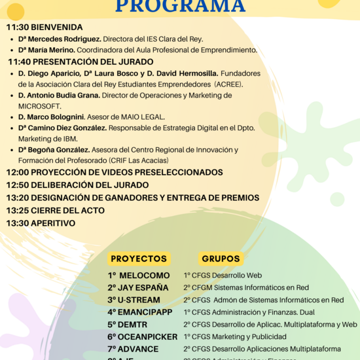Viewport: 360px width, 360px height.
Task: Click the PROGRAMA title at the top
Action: (180, 7)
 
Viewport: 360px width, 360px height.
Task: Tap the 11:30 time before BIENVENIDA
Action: (17, 27)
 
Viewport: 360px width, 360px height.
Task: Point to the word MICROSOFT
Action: (39, 106)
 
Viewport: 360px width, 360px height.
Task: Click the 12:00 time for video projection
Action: (17, 172)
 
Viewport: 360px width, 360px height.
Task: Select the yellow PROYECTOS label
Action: (139, 259)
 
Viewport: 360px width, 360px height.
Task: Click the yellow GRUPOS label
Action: (221, 259)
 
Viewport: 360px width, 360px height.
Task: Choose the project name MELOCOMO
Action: (144, 276)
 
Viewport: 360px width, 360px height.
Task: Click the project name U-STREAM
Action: (145, 300)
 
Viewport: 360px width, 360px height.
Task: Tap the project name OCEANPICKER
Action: (149, 336)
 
